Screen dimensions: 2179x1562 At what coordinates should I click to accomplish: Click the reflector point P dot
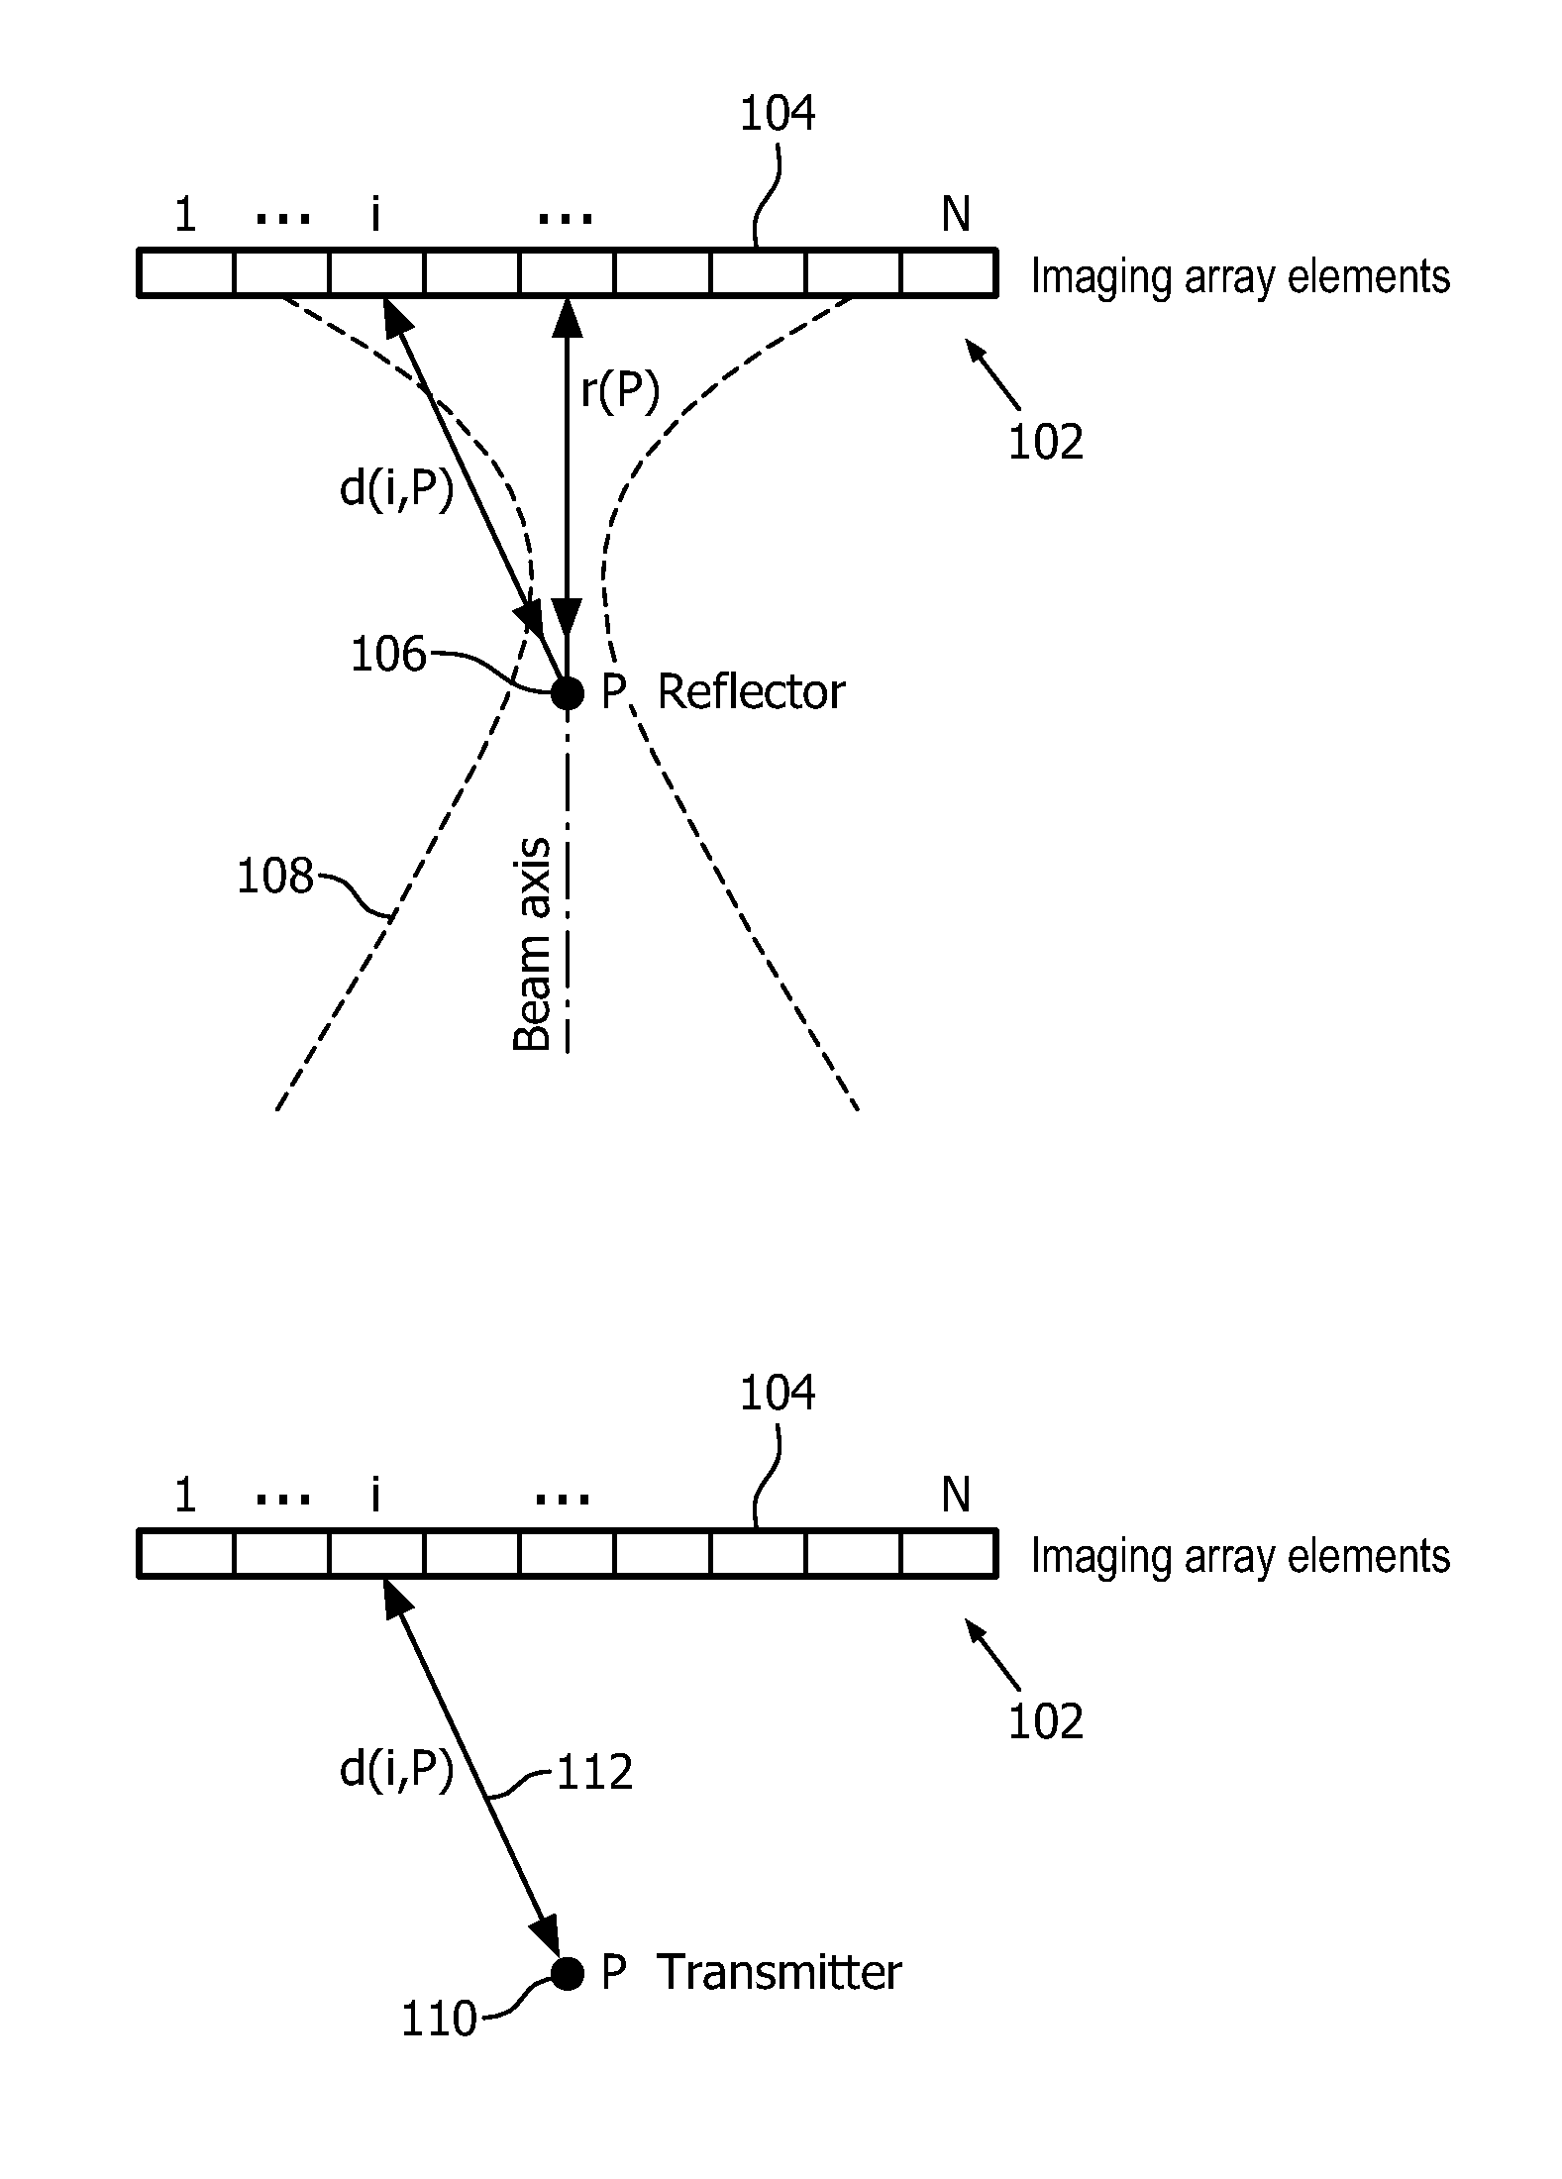(568, 692)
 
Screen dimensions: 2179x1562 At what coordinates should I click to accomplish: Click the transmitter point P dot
(568, 1973)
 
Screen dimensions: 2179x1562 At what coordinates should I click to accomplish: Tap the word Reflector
(751, 692)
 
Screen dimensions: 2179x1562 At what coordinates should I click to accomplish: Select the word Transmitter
(779, 1973)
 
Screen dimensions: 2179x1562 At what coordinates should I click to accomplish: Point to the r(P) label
(620, 392)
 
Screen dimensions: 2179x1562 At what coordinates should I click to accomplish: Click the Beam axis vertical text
(533, 944)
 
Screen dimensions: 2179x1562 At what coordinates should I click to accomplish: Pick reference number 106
(388, 655)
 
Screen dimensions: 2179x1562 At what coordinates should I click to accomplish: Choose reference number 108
(274, 877)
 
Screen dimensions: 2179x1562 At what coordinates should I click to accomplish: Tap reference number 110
(439, 2019)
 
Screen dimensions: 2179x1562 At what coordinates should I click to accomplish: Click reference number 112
(594, 1773)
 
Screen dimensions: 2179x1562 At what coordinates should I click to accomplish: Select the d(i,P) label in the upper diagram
(396, 489)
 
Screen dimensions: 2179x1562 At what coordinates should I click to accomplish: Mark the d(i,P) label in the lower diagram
(396, 1770)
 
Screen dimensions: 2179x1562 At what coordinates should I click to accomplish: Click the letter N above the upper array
(955, 214)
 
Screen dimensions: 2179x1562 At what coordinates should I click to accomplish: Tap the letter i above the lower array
(375, 1495)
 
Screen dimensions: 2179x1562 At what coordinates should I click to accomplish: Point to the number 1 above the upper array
(185, 214)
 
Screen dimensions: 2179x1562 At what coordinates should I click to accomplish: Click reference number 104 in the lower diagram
(778, 1393)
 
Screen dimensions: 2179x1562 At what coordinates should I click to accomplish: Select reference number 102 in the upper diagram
(1046, 442)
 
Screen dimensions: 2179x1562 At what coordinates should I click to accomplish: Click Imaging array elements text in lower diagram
(1240, 1556)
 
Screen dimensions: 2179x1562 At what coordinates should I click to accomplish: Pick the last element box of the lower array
(948, 1554)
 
